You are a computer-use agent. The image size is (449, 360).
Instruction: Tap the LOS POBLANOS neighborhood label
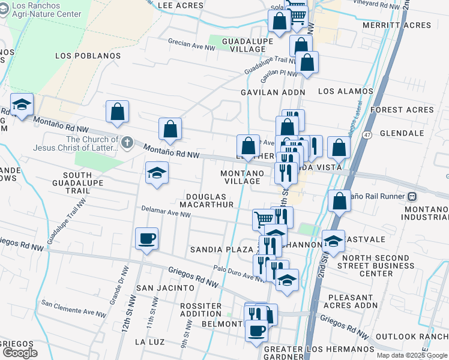(x=88, y=56)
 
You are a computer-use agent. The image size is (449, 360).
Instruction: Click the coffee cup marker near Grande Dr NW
(x=147, y=239)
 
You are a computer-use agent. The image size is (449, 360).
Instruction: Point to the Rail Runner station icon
(x=412, y=196)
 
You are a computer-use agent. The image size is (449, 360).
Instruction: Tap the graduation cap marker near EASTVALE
(x=333, y=241)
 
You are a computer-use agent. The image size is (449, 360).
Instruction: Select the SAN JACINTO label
(x=165, y=288)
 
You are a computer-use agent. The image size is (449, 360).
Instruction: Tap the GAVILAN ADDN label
(x=273, y=92)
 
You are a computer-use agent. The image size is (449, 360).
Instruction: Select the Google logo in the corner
(x=20, y=353)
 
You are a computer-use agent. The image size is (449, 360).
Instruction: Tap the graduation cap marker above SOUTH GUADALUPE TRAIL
(x=157, y=174)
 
